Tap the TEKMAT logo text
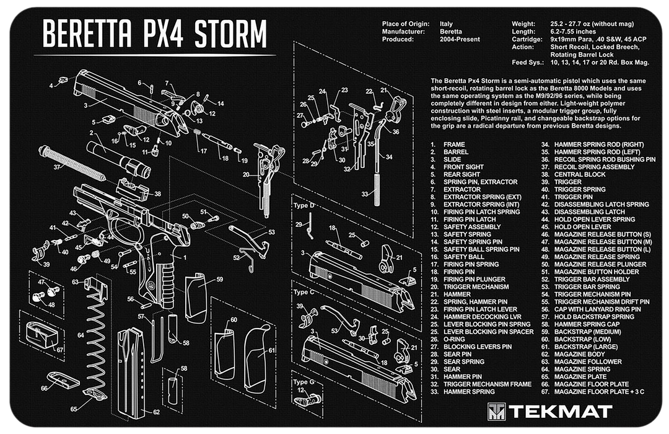pyautogui.click(x=560, y=411)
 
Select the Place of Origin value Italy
pyautogui.click(x=446, y=24)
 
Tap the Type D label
pyautogui.click(x=304, y=205)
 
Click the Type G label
pyautogui.click(x=304, y=382)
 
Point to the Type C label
pyautogui.click(x=304, y=291)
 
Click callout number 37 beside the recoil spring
pyautogui.click(x=57, y=167)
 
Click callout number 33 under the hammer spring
pyautogui.click(x=365, y=195)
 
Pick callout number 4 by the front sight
pyautogui.click(x=51, y=85)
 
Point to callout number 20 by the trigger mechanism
pyautogui.click(x=246, y=175)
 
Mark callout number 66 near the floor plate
pyautogui.click(x=45, y=387)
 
